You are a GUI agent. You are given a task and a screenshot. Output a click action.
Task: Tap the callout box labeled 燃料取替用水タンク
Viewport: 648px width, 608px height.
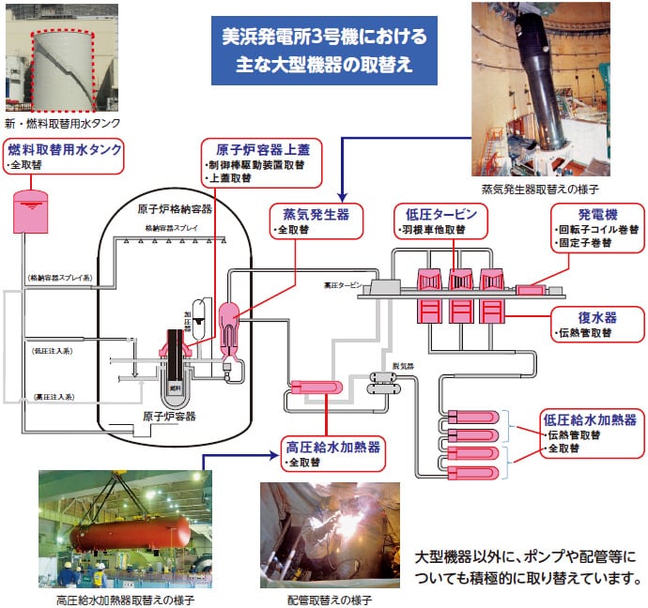(x=64, y=157)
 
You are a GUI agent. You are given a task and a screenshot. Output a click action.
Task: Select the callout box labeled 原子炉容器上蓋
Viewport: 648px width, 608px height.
(x=262, y=162)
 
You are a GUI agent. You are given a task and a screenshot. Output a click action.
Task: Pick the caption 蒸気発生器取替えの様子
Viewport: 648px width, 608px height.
(x=538, y=189)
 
